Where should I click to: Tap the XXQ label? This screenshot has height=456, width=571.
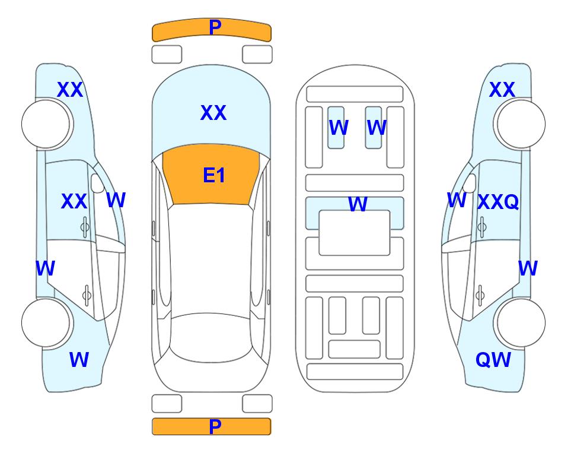point(498,201)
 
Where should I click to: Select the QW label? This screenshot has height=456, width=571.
point(493,360)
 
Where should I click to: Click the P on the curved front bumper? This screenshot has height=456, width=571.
point(215,27)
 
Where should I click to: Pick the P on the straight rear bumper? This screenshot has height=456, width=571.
point(215,426)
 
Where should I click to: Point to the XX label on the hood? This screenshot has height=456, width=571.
point(213,112)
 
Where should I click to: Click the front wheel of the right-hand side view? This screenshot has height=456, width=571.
point(519,124)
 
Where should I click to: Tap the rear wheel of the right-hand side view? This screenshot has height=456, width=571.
point(519,322)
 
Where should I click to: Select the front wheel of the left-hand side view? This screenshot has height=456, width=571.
point(47,124)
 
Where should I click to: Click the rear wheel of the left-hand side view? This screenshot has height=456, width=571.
point(47,322)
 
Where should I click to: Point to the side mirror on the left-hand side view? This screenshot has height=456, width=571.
point(97,183)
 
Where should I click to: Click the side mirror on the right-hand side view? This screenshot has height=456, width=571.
point(470,183)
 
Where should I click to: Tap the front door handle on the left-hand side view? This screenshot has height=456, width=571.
point(85,227)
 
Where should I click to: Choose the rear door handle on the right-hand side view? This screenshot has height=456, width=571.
point(480,295)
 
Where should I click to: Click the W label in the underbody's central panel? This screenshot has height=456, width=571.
point(358,204)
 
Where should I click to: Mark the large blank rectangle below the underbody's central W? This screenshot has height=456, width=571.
point(355,233)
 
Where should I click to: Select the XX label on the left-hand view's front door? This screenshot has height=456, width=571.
point(74,201)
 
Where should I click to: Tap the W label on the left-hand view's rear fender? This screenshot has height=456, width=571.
point(79,360)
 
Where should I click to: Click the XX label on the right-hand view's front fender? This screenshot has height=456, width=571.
point(502,90)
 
